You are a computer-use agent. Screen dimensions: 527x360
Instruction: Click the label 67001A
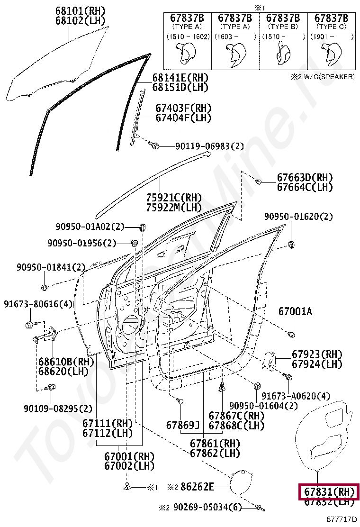(295, 311)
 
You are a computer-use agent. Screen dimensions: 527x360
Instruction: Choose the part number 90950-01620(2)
(298, 217)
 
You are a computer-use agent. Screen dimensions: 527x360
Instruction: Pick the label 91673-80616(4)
(38, 304)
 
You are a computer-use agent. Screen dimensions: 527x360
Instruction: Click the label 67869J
(183, 425)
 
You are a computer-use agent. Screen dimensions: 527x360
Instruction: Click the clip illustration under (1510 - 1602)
(187, 54)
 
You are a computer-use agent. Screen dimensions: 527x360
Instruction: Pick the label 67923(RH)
(316, 354)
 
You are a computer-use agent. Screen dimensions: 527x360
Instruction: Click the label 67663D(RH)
(305, 177)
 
